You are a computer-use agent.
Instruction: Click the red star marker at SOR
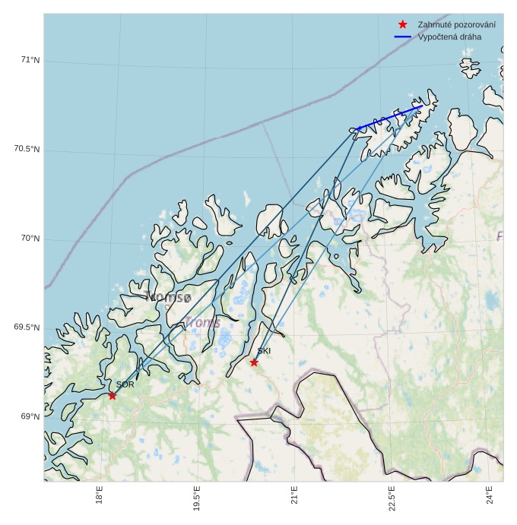coord(113,395)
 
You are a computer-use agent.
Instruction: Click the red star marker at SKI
coord(254,362)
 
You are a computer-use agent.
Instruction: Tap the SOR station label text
coord(125,384)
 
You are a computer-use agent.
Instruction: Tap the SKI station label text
coord(264,352)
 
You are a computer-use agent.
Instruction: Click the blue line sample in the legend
coord(402,36)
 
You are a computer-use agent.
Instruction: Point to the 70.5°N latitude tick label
coord(27,150)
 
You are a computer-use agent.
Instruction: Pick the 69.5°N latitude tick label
coord(27,327)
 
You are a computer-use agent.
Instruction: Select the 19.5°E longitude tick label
coord(197,498)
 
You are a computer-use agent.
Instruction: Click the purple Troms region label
coord(202,323)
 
